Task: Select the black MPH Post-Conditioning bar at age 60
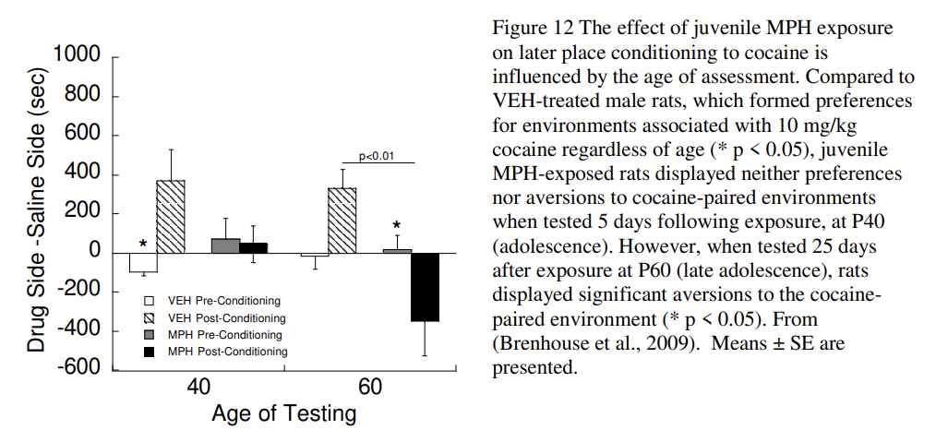pos(425,287)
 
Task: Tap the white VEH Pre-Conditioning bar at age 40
pos(142,263)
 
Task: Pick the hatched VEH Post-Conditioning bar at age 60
pos(342,221)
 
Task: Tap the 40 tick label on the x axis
pos(198,388)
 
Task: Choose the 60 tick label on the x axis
pos(370,388)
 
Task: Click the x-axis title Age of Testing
pos(283,413)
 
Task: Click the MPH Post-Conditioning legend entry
pos(226,352)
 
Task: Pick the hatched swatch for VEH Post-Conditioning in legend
pos(150,317)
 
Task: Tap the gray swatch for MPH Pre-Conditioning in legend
pos(150,335)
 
